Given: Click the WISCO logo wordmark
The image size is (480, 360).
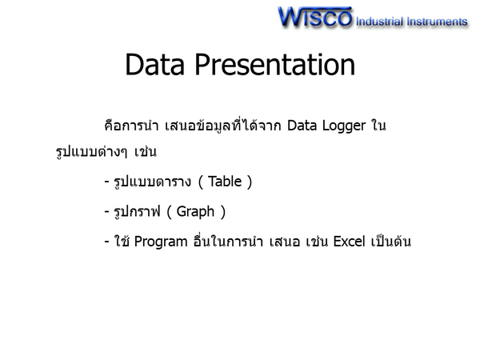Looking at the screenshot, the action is point(315,17).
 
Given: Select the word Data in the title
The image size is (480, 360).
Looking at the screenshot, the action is point(155,64).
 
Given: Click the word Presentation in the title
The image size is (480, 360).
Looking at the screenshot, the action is point(275,64).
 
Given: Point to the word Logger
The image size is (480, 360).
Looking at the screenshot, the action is point(344,126).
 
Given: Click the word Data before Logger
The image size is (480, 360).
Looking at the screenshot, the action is point(302,126).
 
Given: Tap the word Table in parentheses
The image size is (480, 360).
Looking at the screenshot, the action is point(225,182).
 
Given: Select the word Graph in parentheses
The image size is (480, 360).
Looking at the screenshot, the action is point(195,212).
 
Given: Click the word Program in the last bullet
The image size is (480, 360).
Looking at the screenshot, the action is point(161,242).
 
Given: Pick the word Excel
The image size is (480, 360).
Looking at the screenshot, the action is point(349,242).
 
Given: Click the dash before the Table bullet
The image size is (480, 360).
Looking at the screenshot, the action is point(107,182).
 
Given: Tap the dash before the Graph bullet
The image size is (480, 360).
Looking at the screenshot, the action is point(107,212).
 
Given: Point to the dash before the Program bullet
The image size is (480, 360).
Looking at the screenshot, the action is point(107,242).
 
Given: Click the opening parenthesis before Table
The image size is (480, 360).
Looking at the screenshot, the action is point(201,182).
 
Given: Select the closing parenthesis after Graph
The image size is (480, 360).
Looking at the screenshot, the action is point(223,212).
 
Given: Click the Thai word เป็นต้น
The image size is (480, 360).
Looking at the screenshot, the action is point(391,241).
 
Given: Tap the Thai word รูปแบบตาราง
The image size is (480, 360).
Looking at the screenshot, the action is point(153,182).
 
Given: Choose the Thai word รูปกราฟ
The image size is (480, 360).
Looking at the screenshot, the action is point(137,212).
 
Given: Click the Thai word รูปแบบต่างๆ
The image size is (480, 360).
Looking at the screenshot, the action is point(91,151).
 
